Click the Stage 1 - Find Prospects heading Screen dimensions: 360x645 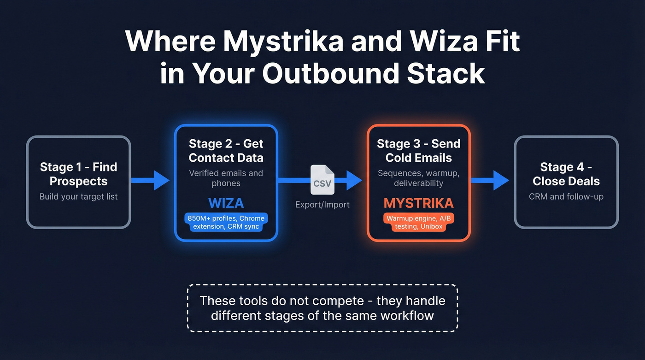[78, 174]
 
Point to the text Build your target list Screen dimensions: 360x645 [78, 197]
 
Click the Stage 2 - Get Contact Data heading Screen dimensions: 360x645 [226, 151]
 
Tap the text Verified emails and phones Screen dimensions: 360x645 [226, 178]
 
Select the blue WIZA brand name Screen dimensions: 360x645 [226, 203]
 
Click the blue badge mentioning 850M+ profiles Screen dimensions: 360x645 [226, 222]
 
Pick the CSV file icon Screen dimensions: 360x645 [322, 180]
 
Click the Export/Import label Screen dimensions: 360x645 [322, 205]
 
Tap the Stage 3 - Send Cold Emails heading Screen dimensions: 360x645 [418, 151]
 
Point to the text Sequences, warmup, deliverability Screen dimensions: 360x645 [418, 178]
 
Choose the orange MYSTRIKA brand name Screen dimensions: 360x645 [418, 203]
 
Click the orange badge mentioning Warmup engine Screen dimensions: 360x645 [418, 222]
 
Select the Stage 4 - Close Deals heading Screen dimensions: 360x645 [566, 174]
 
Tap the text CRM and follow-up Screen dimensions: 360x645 [566, 197]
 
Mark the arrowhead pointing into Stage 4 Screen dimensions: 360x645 [501, 180]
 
